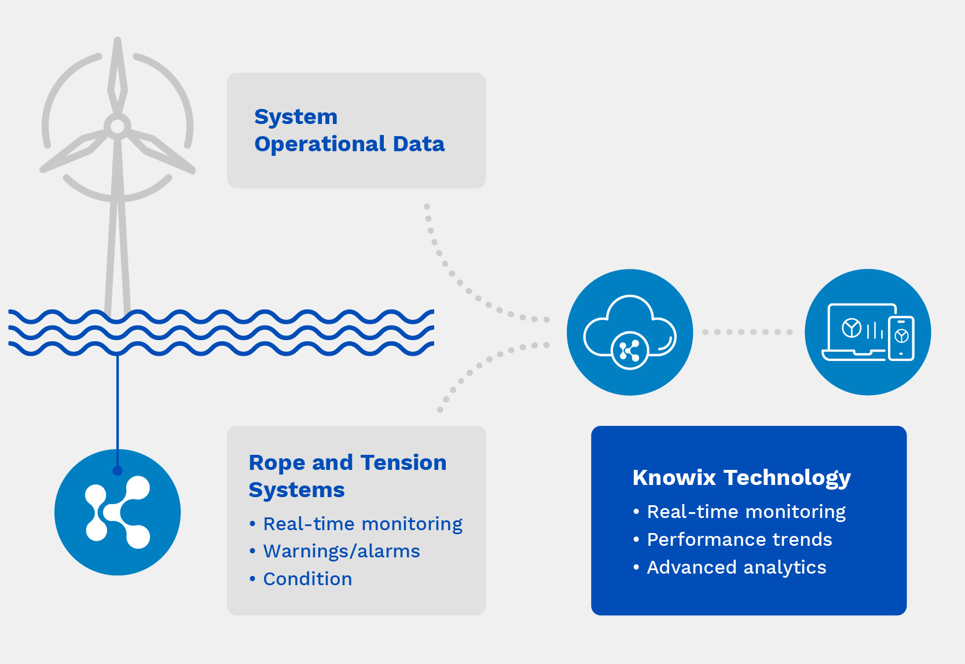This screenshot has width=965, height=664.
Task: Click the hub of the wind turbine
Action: (117, 127)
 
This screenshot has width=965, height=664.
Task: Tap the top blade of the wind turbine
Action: (117, 75)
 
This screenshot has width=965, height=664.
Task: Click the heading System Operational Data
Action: (349, 130)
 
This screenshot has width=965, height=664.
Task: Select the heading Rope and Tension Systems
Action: (347, 476)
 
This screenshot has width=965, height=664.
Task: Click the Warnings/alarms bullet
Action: (341, 552)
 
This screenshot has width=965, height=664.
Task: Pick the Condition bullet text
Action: (307, 579)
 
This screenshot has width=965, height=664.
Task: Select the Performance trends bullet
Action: (739, 540)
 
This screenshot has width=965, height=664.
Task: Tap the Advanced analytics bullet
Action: (736, 568)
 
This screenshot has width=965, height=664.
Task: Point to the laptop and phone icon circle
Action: (868, 332)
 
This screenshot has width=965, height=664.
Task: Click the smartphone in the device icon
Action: (901, 338)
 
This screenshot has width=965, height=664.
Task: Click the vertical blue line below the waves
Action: (117, 412)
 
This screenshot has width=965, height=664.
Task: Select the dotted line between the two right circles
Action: (747, 332)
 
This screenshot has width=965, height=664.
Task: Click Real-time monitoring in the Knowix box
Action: (746, 512)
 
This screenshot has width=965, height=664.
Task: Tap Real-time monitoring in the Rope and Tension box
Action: (363, 524)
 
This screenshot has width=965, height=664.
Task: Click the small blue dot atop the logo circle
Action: (117, 470)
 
